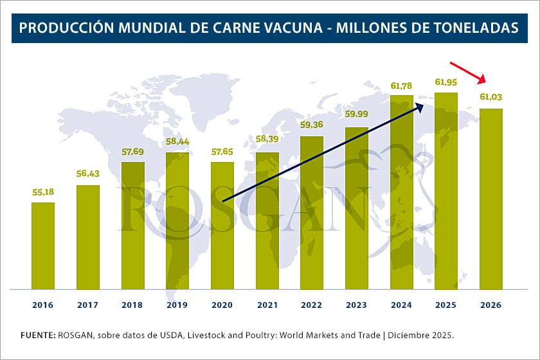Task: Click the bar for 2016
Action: tap(43, 246)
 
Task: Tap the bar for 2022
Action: tap(312, 213)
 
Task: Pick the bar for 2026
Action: tap(491, 199)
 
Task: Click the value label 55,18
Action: tap(43, 192)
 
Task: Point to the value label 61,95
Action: tap(446, 82)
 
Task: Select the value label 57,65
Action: tap(222, 152)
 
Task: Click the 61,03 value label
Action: tap(491, 98)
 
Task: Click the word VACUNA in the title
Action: tap(302, 28)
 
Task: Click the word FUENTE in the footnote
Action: tap(37, 336)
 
